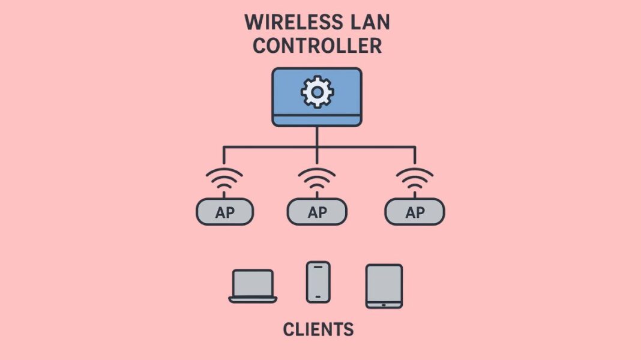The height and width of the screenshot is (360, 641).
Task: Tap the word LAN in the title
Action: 366,23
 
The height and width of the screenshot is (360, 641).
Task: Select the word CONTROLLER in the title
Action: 317,46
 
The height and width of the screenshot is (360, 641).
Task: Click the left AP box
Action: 225,212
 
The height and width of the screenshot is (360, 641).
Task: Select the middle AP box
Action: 317,212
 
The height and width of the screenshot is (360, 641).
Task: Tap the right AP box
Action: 415,212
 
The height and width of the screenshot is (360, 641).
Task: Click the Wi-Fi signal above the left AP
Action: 224,179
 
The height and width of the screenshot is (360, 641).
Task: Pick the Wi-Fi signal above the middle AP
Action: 316,179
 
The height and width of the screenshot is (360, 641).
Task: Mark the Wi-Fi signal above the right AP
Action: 415,179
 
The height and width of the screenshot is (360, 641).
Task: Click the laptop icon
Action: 253,286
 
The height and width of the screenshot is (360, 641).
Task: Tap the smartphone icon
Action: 317,281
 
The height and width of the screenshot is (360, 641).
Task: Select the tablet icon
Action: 384,286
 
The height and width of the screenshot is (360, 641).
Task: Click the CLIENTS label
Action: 317,329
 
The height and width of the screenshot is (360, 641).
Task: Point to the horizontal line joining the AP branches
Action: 270,146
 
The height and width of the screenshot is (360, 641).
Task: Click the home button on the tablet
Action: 384,304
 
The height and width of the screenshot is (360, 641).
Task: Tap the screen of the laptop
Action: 253,283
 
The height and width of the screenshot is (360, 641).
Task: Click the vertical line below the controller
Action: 317,136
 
